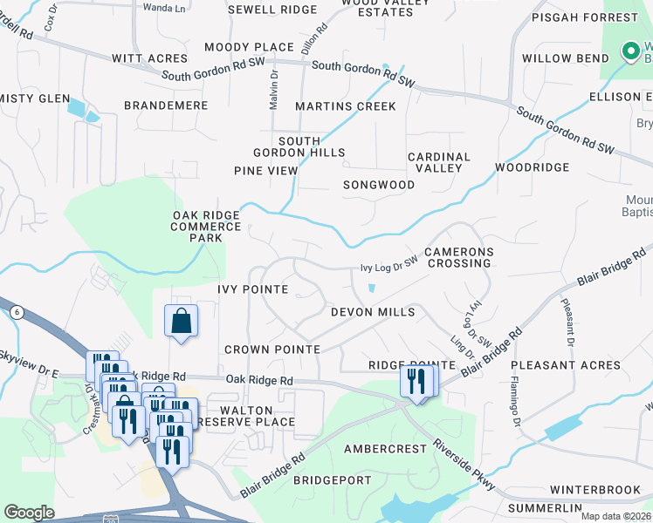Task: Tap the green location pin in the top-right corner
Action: pyautogui.click(x=629, y=52)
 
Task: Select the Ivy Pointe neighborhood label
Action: pyautogui.click(x=252, y=289)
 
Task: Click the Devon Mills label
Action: pyautogui.click(x=372, y=312)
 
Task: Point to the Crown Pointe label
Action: pyautogui.click(x=272, y=349)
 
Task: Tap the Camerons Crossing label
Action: pyautogui.click(x=459, y=257)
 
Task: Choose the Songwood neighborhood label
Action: pyautogui.click(x=378, y=185)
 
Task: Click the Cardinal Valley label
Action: pyautogui.click(x=439, y=163)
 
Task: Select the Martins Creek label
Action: pyautogui.click(x=345, y=106)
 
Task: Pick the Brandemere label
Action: pyautogui.click(x=166, y=105)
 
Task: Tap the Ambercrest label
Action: pyautogui.click(x=383, y=449)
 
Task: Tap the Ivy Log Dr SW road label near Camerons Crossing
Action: pyautogui.click(x=389, y=269)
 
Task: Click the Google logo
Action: pyautogui.click(x=29, y=513)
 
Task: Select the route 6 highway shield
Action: pyautogui.click(x=17, y=311)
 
